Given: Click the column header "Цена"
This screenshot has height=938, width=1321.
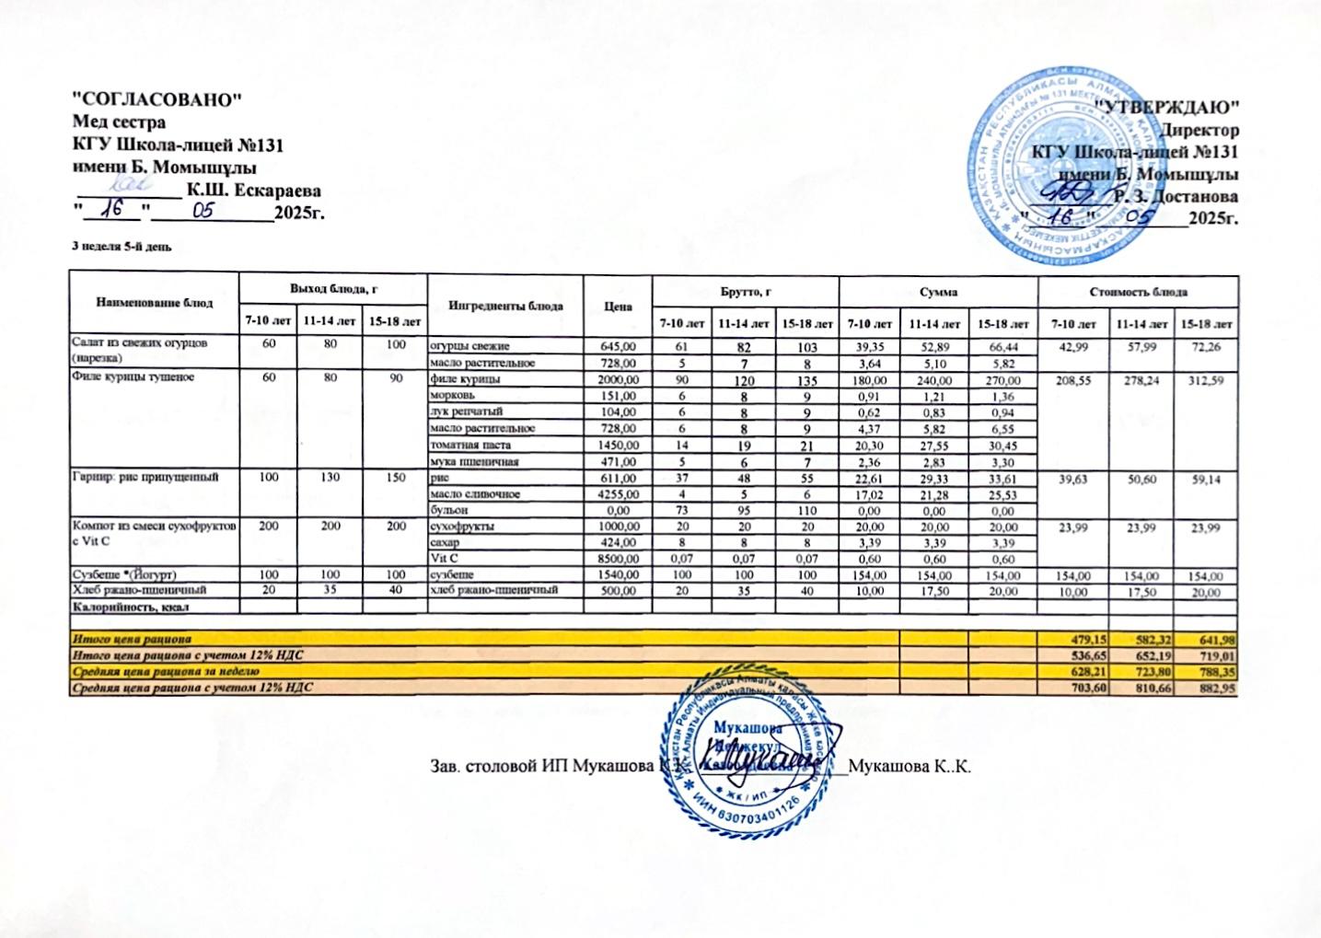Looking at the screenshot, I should tap(619, 306).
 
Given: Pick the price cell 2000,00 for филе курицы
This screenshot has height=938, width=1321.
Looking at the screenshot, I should tap(618, 379).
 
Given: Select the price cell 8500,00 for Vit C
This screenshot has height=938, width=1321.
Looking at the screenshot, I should tap(618, 559).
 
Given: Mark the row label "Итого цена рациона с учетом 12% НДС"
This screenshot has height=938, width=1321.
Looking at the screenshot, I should tap(188, 654).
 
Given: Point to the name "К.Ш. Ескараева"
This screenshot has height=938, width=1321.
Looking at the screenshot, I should tap(253, 191).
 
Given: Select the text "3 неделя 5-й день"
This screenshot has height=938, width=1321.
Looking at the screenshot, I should tap(121, 248).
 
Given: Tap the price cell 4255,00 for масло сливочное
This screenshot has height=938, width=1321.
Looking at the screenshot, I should tap(618, 494).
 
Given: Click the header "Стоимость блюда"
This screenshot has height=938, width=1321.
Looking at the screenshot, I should tap(1138, 292).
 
